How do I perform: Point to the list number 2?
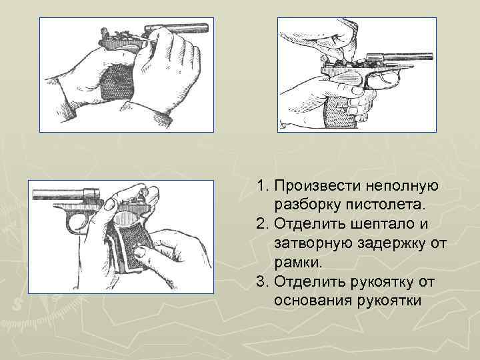261,221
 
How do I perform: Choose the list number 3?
261,282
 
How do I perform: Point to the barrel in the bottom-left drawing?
60,194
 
